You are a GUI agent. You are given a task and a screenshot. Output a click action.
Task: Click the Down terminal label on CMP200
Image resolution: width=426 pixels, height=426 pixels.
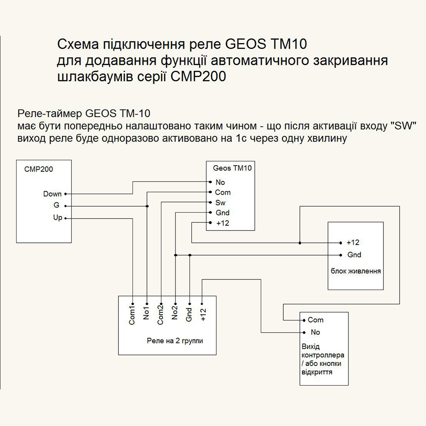click(52, 194)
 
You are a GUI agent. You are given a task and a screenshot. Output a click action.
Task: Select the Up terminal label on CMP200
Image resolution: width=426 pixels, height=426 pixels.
click(58, 218)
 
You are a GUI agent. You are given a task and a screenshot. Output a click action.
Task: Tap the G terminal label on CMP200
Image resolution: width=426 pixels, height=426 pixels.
click(56, 205)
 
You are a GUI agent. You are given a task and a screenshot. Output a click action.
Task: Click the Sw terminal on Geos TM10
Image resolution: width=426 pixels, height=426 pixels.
click(220, 203)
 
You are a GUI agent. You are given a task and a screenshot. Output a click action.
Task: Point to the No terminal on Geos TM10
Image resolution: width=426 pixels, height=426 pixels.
click(220, 182)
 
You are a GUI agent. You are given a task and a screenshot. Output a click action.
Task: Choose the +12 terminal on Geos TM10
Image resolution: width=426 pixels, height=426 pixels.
click(223, 223)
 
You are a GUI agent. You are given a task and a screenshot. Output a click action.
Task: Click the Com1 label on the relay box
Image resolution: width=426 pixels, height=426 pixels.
click(132, 316)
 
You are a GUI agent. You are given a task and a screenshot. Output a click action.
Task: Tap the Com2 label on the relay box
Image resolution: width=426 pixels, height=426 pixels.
click(160, 316)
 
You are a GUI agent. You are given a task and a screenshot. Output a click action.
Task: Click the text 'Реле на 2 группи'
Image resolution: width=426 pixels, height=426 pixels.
click(175, 341)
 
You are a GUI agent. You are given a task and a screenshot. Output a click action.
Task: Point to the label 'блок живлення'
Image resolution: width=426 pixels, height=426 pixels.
click(356, 271)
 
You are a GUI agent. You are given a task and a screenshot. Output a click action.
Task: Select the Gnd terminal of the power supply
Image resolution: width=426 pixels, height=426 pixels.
click(354, 255)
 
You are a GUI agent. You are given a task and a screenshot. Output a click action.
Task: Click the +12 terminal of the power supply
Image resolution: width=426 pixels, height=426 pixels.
click(353, 242)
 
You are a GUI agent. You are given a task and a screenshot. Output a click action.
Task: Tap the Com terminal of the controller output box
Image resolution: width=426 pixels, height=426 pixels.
click(316, 320)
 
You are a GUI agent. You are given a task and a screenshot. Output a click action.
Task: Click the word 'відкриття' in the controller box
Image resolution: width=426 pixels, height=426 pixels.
click(317, 372)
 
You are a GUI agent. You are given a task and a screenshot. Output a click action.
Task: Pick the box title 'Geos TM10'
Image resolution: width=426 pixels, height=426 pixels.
click(232, 168)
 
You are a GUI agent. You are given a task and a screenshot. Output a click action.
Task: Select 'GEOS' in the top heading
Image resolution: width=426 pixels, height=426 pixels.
click(244, 44)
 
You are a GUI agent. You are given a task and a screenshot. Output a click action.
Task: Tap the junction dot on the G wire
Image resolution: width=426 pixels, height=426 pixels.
click(147, 206)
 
